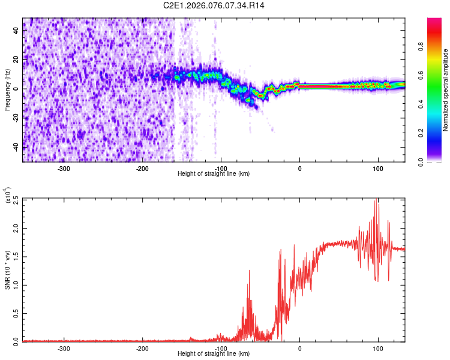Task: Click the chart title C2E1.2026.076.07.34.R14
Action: coord(214,5)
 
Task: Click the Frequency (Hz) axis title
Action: coord(8,90)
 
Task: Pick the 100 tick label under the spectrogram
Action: coord(378,168)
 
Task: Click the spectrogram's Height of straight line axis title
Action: coord(214,174)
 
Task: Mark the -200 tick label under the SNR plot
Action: coord(142,348)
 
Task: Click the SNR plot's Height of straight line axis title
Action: coord(214,354)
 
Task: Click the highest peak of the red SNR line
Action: coord(376,200)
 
